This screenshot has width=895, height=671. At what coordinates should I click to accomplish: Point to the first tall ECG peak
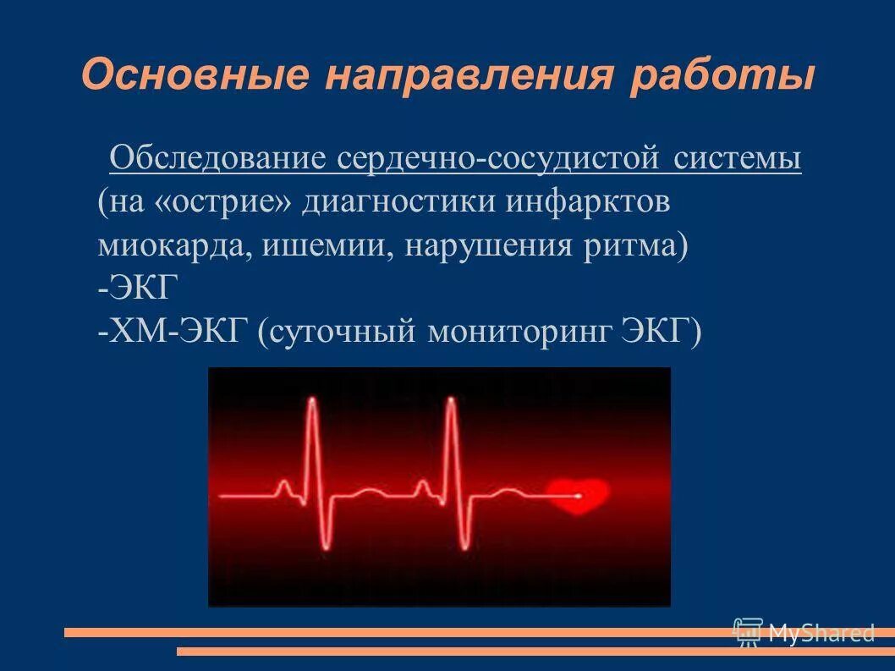(x=313, y=403)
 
